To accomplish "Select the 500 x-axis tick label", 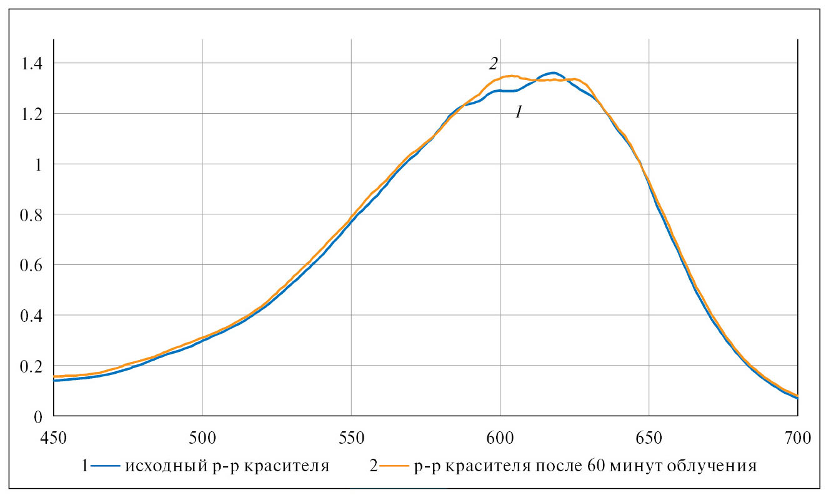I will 202,437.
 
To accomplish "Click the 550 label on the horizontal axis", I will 351,437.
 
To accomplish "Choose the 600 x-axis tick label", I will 500,437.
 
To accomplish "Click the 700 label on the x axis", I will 797,437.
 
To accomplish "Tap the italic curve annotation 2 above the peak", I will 493,64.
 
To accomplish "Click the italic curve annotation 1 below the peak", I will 518,112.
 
